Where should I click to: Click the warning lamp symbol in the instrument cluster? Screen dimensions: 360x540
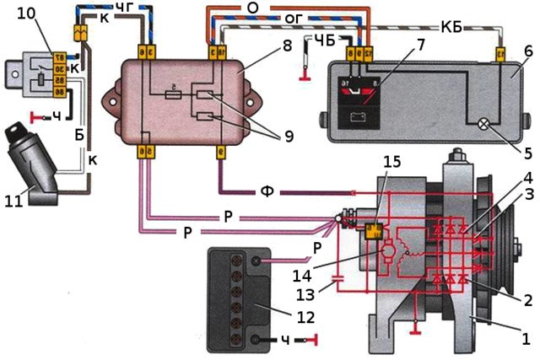click(483, 123)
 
